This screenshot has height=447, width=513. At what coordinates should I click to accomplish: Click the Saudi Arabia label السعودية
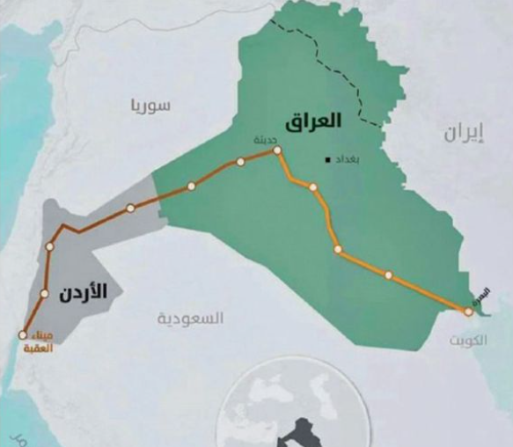point(191,317)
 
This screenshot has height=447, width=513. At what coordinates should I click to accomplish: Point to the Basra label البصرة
point(480,293)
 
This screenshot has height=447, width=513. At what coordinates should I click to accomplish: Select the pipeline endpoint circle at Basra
point(468,311)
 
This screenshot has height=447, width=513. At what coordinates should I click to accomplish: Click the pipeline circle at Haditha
point(277,150)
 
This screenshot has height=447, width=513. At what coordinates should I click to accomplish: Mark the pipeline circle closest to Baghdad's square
point(312,187)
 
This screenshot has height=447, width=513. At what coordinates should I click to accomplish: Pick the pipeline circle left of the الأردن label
point(44,293)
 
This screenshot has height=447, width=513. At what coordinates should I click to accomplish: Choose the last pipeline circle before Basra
point(388,275)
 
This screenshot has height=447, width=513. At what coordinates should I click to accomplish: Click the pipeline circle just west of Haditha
point(239,161)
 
